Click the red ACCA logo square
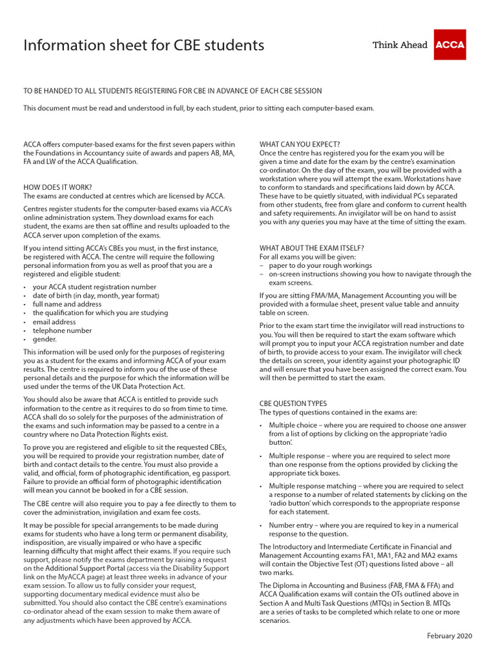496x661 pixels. [x=449, y=45]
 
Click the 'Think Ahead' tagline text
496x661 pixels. [x=400, y=45]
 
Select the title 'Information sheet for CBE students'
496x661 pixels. [x=143, y=45]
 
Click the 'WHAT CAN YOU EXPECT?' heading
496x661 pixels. [x=300, y=144]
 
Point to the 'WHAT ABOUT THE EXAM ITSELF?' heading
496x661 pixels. [x=312, y=248]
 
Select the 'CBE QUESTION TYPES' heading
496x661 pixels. [x=293, y=403]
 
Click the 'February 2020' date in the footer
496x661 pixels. [x=449, y=636]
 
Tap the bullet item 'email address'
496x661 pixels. [x=54, y=321]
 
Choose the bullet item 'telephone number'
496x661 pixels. [x=63, y=330]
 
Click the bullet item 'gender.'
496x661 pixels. [x=45, y=340]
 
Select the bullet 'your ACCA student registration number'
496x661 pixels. [x=94, y=287]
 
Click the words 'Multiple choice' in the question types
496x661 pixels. [x=293, y=425]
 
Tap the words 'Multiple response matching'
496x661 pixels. [x=313, y=486]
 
